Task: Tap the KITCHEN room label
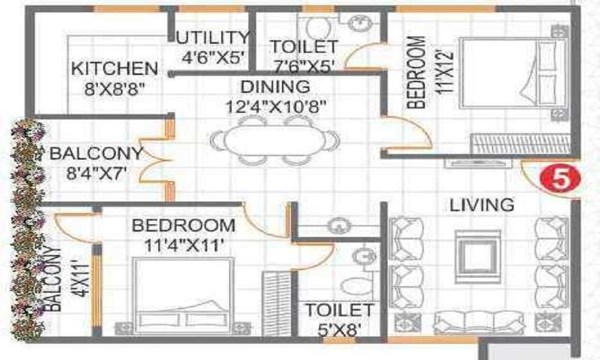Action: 115,68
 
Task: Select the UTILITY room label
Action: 212,38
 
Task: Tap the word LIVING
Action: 482,205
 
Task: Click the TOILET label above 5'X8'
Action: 339,310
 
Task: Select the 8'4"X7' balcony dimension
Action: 97,175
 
